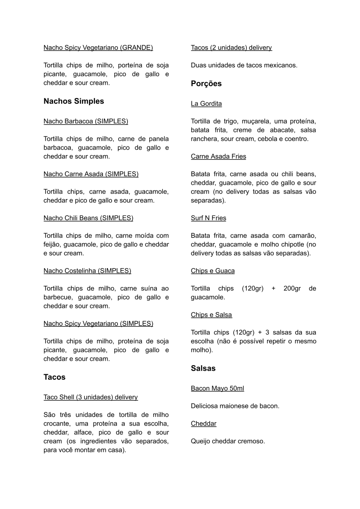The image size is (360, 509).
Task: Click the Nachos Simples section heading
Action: tap(73, 101)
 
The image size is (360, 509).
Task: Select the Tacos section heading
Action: tap(54, 377)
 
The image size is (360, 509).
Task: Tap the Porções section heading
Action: tap(206, 83)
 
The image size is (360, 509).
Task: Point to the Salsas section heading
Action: tap(203, 368)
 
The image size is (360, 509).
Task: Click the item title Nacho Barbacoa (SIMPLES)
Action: tap(86, 121)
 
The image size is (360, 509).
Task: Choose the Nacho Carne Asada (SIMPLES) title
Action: tap(91, 174)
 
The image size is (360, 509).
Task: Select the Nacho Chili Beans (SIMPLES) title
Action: tap(88, 218)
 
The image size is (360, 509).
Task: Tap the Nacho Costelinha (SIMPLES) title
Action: tap(87, 271)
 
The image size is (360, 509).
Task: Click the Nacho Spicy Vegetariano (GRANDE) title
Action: tap(98, 47)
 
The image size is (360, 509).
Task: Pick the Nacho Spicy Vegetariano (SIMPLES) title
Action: tap(98, 323)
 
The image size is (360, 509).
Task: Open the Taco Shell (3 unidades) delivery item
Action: tap(91, 397)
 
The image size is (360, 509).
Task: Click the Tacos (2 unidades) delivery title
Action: tap(231, 47)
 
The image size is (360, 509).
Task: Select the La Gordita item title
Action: tap(206, 103)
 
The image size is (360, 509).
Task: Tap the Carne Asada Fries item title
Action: tap(219, 157)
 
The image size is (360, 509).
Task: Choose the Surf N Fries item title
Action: tap(209, 218)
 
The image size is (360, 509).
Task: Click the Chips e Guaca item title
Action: tap(213, 271)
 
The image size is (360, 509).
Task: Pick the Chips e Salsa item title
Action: tap(211, 315)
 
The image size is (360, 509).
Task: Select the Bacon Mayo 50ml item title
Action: tap(218, 388)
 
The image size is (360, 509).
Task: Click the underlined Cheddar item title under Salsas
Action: tap(204, 423)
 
